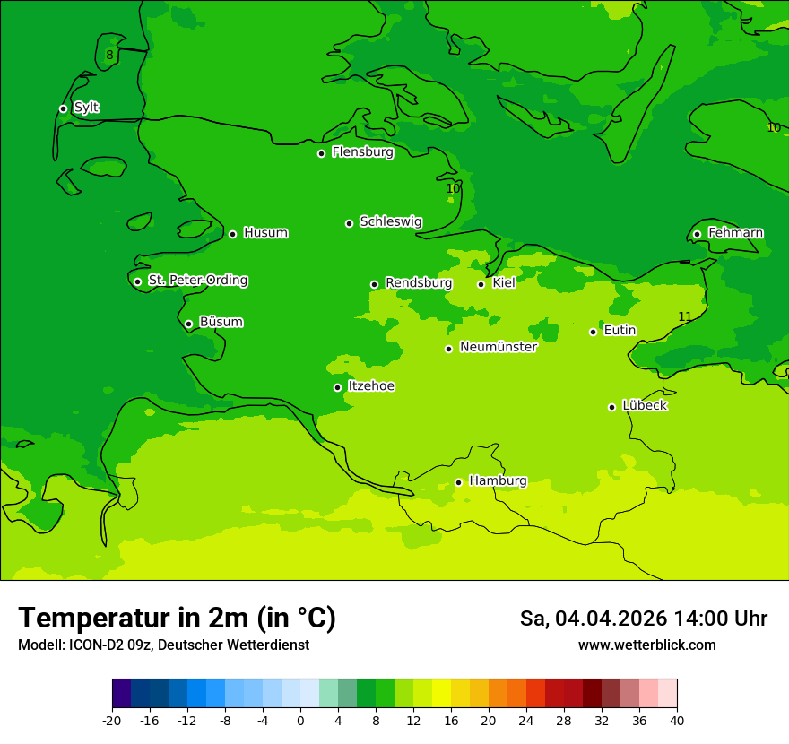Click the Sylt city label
click(x=86, y=108)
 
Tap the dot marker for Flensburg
click(x=321, y=153)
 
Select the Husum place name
click(x=265, y=233)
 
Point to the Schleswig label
click(x=390, y=221)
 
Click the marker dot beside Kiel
click(x=481, y=284)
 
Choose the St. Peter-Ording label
click(x=197, y=281)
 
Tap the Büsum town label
click(x=221, y=322)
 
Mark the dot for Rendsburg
click(x=374, y=284)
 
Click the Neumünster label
click(x=498, y=347)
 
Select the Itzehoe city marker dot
click(x=337, y=387)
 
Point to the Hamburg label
click(x=498, y=480)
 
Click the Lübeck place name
click(x=644, y=405)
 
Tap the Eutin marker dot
click(x=593, y=332)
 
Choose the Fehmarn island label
click(x=735, y=233)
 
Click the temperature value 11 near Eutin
click(x=685, y=316)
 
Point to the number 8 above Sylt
click(x=109, y=56)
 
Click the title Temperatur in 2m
click(x=177, y=618)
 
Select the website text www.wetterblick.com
click(x=646, y=645)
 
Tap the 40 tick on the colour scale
click(x=676, y=720)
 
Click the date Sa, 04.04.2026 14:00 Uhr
click(x=643, y=619)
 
